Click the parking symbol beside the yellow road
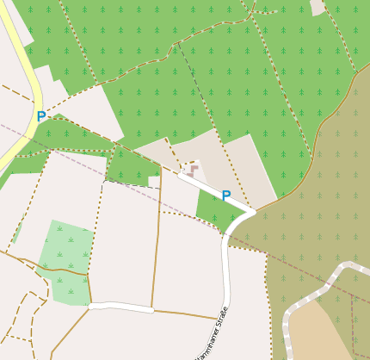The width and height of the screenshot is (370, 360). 40,116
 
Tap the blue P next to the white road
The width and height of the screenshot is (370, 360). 225,196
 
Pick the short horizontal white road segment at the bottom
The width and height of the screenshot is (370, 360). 120,307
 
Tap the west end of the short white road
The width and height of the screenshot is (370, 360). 91,306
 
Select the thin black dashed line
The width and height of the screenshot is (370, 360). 129,183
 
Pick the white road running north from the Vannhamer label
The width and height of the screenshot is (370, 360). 226,276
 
